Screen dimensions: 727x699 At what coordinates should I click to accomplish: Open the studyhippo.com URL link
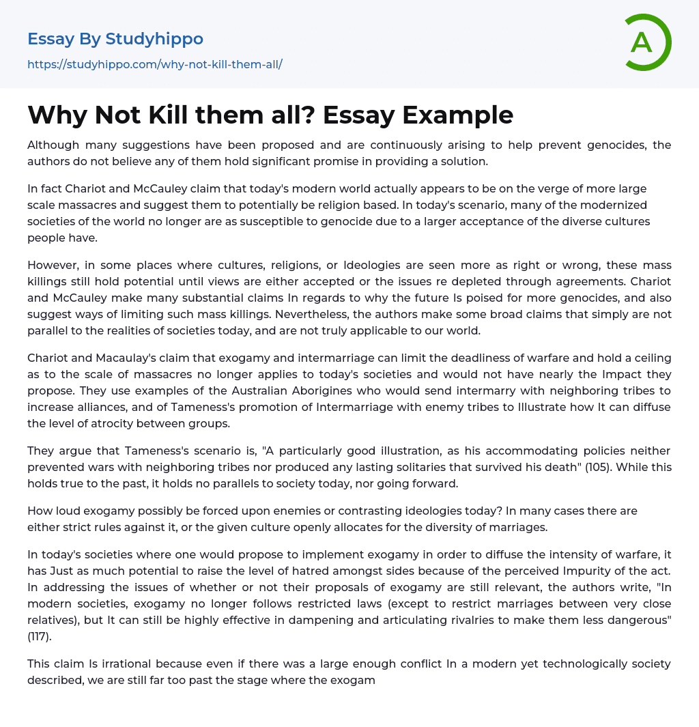click(155, 64)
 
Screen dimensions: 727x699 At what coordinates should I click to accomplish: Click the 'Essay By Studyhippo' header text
click(115, 39)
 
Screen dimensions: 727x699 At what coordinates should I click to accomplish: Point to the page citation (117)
click(44, 636)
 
